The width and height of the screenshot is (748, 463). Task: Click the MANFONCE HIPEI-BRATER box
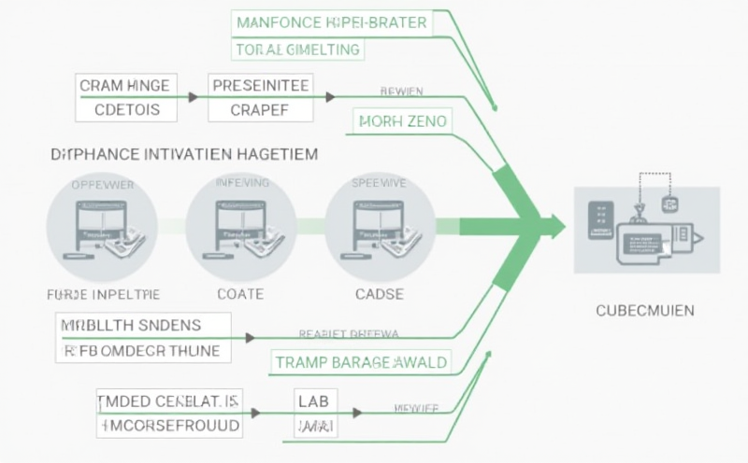point(331,22)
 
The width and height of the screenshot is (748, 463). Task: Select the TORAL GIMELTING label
point(296,49)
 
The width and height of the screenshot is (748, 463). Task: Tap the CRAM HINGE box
point(124,86)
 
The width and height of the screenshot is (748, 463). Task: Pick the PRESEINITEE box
point(261,86)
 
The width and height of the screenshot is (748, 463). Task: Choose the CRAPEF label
point(260,109)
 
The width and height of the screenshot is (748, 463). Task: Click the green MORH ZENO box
point(402,121)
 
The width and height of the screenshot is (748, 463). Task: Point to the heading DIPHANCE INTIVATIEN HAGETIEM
point(183,153)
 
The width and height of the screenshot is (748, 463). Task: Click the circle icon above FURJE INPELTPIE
point(103,225)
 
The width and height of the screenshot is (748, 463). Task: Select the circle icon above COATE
point(241,225)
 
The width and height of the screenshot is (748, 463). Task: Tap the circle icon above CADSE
point(380,225)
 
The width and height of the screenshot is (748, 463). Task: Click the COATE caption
point(240,294)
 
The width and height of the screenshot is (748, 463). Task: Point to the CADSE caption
point(379,294)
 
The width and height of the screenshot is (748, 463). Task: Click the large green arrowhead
point(552,226)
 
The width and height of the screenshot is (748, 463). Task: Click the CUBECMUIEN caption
point(644,310)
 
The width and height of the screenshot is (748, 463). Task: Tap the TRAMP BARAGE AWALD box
point(360,361)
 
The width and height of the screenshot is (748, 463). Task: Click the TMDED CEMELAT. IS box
point(168,401)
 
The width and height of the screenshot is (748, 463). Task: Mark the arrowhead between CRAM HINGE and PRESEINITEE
point(193,96)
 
